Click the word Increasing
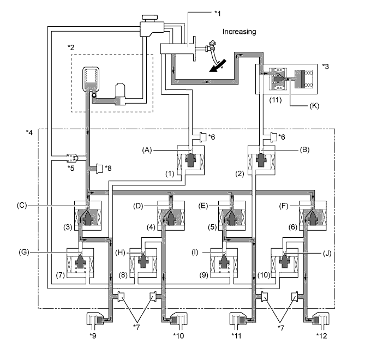239,32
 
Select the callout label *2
72,48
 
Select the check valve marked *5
71,159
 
